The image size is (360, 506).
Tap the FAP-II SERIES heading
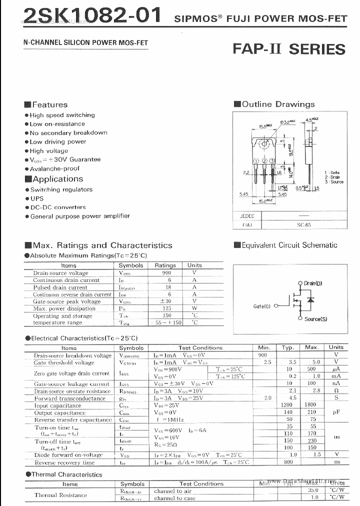pyautogui.click(x=289, y=49)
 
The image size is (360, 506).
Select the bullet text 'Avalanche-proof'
pyautogui.click(x=54, y=168)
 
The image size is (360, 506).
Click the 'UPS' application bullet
pyautogui.click(x=37, y=198)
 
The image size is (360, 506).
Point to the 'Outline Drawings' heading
pyautogui.click(x=278, y=104)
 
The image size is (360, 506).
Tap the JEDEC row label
pyautogui.click(x=247, y=216)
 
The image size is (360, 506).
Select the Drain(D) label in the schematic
pyautogui.click(x=313, y=283)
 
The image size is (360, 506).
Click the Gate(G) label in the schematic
pyautogui.click(x=262, y=306)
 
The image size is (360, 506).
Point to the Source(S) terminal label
pyautogui.click(x=315, y=319)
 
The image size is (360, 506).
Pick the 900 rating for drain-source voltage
pyautogui.click(x=166, y=273)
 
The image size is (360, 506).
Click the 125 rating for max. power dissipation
pyautogui.click(x=166, y=308)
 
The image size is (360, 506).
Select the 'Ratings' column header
pyautogui.click(x=165, y=265)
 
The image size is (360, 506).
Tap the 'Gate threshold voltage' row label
pyautogui.click(x=64, y=362)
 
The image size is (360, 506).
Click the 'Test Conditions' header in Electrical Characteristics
pyautogui.click(x=200, y=347)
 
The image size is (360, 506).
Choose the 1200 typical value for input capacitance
pyautogui.click(x=287, y=405)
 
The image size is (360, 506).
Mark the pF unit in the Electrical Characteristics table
pyautogui.click(x=336, y=412)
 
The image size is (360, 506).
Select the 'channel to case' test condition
pyautogui.click(x=174, y=498)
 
